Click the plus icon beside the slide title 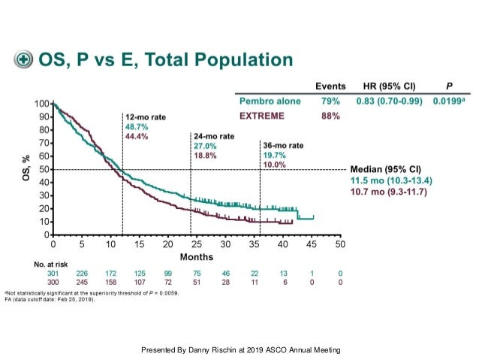pyautogui.click(x=24, y=59)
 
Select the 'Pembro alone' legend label pyautogui.click(x=270, y=101)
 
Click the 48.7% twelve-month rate pyautogui.click(x=136, y=127)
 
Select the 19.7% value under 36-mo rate pyautogui.click(x=273, y=154)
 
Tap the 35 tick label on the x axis pyautogui.click(x=254, y=245)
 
